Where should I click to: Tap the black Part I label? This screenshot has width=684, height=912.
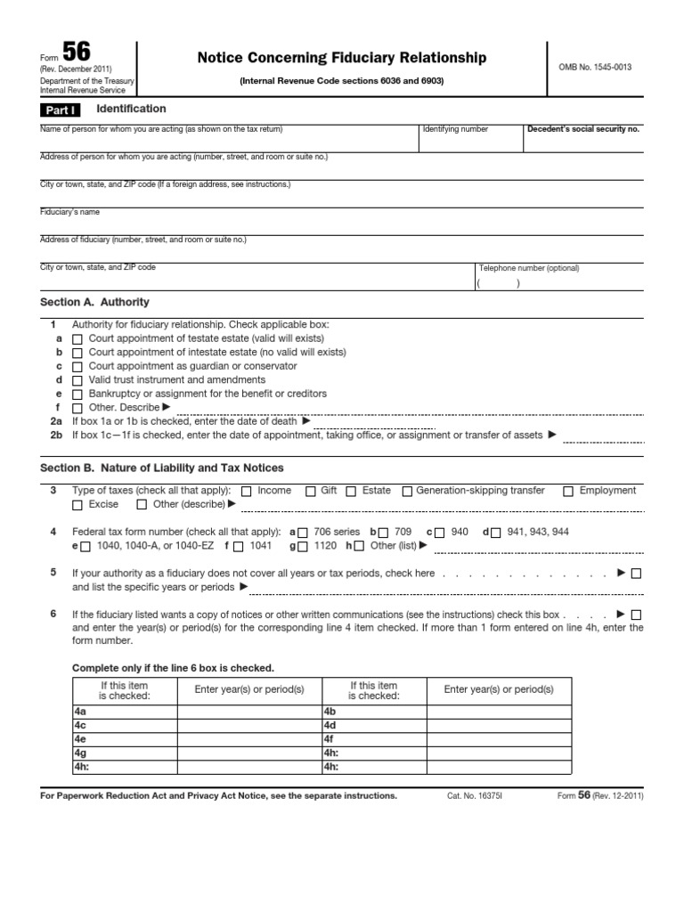coord(60,110)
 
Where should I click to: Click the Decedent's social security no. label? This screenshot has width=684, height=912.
coord(583,129)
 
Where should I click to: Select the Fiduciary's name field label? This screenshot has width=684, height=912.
coord(69,212)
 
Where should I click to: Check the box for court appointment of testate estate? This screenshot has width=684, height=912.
coord(77,339)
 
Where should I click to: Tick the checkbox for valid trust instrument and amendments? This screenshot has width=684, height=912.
coord(77,380)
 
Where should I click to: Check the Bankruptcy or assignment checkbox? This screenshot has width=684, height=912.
coord(77,394)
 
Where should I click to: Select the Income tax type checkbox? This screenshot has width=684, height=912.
coord(247,491)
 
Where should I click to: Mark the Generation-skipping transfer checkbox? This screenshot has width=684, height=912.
coord(407,491)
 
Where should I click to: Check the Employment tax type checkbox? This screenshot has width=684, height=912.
coord(568,491)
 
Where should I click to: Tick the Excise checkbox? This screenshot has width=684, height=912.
coord(77,505)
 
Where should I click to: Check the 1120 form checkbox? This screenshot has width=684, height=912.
coord(303,546)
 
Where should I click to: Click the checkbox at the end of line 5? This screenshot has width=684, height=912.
coord(635,574)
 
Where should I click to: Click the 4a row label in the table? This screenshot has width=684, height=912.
coord(80,712)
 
